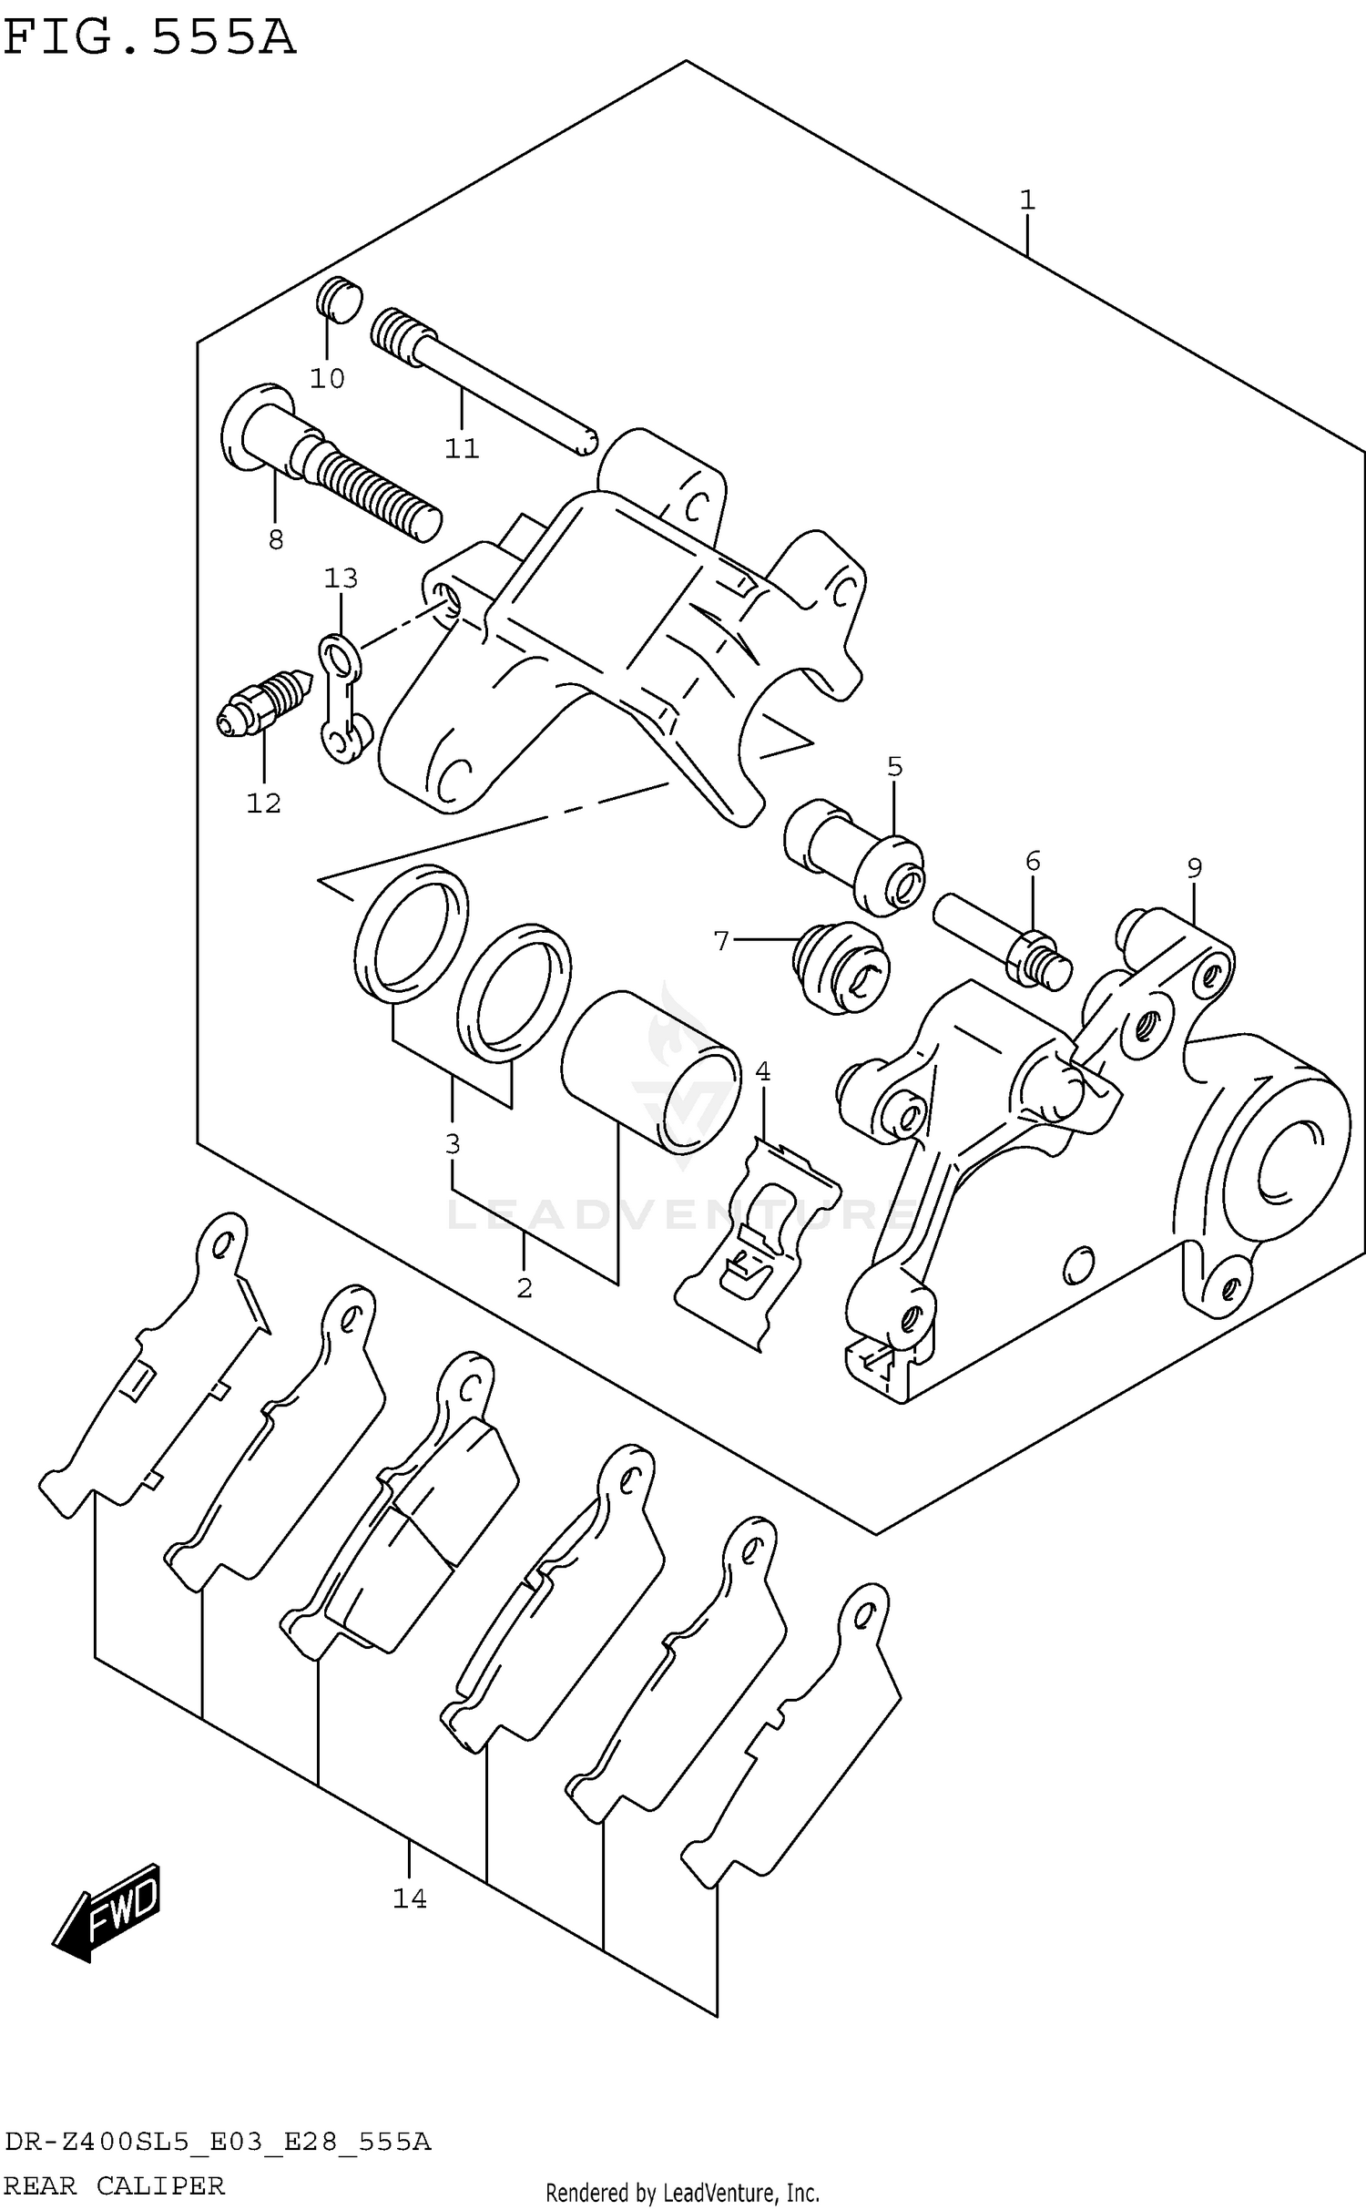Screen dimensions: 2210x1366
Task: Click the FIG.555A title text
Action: click(150, 38)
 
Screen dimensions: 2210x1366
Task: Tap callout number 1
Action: click(1027, 200)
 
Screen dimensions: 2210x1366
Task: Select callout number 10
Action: click(327, 378)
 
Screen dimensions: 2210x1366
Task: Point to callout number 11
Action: click(462, 448)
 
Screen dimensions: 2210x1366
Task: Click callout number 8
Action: click(276, 540)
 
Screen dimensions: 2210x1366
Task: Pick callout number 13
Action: click(341, 578)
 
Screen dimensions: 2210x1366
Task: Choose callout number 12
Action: click(263, 803)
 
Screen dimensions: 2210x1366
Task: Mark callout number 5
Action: click(894, 767)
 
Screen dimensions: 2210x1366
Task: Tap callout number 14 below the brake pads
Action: click(410, 1898)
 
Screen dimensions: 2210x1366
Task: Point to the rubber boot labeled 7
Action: click(841, 967)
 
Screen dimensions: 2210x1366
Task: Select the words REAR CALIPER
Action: click(114, 2185)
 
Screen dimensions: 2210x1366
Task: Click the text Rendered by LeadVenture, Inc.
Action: click(682, 2192)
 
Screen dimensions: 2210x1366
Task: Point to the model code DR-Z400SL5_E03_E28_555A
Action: click(217, 2143)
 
